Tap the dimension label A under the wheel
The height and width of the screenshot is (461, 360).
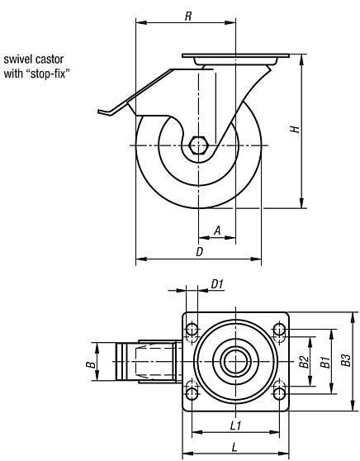point(216,232)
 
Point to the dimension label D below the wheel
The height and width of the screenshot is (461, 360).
point(199,252)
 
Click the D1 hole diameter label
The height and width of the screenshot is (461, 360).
point(218,284)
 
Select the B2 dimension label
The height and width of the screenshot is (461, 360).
point(304,361)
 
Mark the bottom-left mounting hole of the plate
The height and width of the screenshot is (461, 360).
point(192,392)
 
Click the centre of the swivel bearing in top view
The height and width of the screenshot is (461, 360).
point(235,362)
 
